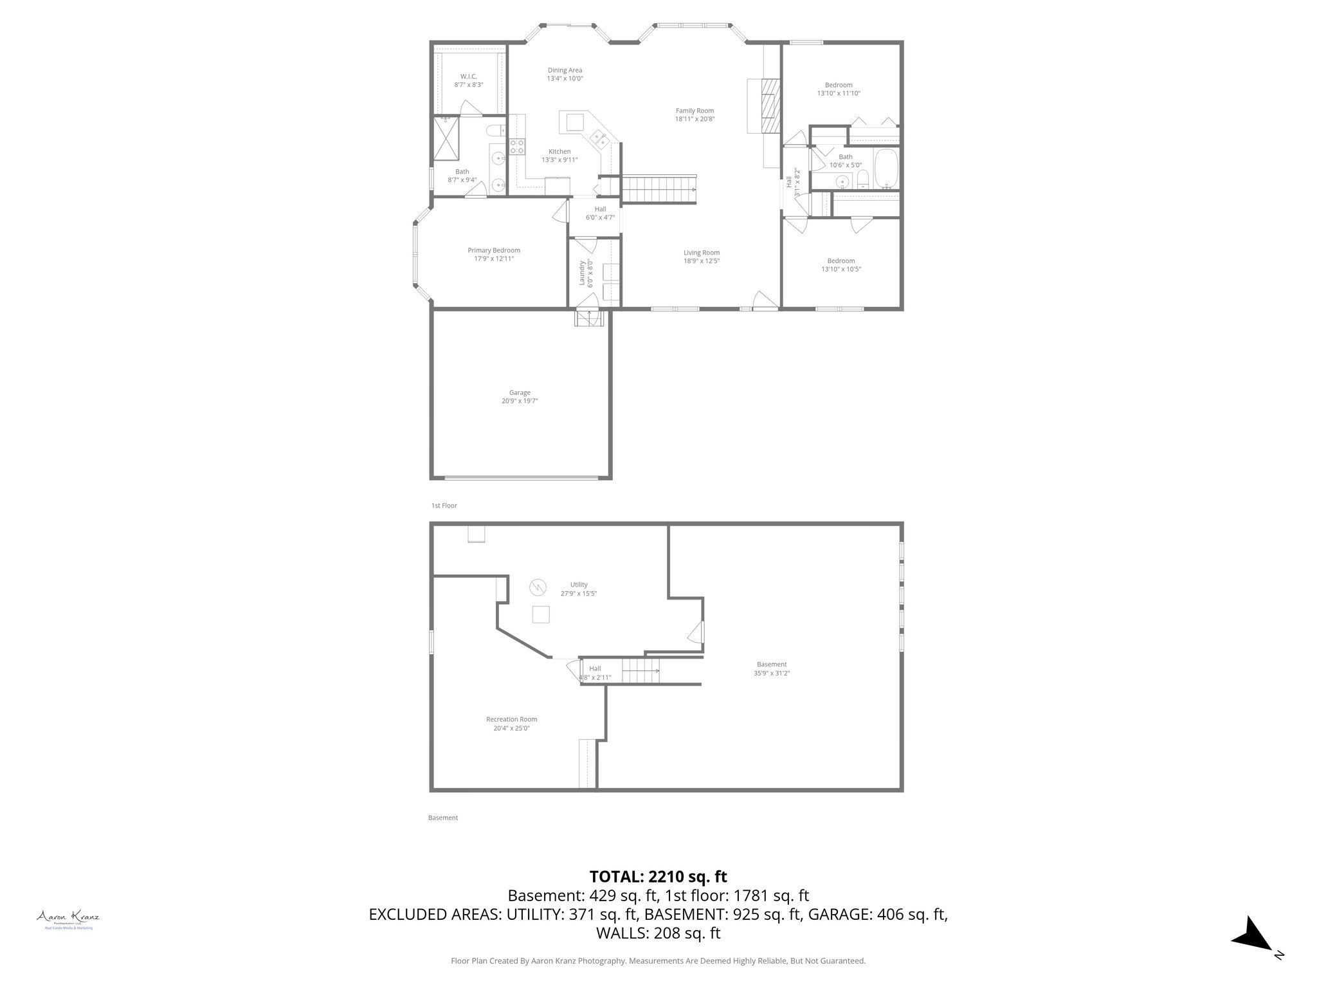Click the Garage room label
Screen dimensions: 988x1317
pyautogui.click(x=520, y=392)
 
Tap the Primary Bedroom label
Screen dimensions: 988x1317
pyautogui.click(x=493, y=250)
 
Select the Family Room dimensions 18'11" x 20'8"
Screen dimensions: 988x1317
pyautogui.click(x=695, y=119)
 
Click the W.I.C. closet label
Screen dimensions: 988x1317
pyautogui.click(x=468, y=77)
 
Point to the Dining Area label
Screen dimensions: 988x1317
pyautogui.click(x=565, y=70)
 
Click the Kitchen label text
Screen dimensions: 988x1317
pyautogui.click(x=559, y=152)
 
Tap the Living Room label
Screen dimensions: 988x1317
pyautogui.click(x=701, y=253)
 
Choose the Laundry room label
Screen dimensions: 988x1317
pyautogui.click(x=582, y=273)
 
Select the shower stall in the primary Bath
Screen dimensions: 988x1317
pyautogui.click(x=447, y=138)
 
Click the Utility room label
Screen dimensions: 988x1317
pyautogui.click(x=579, y=585)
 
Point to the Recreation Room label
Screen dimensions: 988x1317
pyautogui.click(x=511, y=719)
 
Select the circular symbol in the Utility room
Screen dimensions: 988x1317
pyautogui.click(x=537, y=586)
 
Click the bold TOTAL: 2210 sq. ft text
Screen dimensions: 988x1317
pyautogui.click(x=658, y=876)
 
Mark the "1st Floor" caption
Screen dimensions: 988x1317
pyautogui.click(x=444, y=506)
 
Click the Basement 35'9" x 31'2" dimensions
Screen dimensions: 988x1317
pyautogui.click(x=771, y=673)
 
